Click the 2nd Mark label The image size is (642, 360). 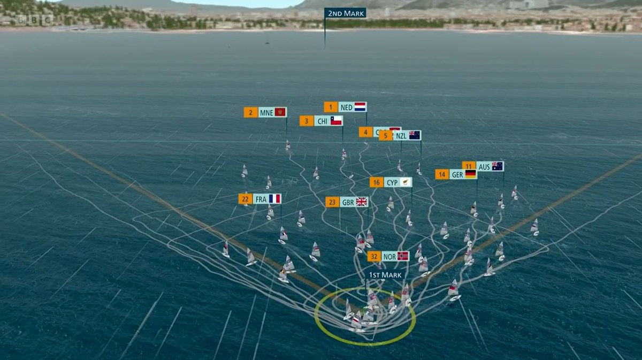(x=345, y=13)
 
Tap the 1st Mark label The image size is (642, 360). (x=385, y=275)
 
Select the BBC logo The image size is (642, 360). (x=34, y=20)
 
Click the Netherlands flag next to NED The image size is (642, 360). (x=360, y=107)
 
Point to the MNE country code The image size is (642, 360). (x=266, y=112)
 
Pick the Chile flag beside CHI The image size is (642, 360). (x=336, y=121)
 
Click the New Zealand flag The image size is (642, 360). (x=415, y=135)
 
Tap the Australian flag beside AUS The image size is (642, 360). (x=498, y=166)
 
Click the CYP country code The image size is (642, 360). (x=392, y=182)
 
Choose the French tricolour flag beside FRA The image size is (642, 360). (x=275, y=199)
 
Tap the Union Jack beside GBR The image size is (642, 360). (x=362, y=202)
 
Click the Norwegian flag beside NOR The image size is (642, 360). (x=403, y=256)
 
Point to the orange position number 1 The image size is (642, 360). (x=331, y=107)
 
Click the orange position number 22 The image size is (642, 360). (x=245, y=199)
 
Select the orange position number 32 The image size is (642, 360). (x=374, y=256)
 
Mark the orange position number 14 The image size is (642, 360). (x=442, y=174)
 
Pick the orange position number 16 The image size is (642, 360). (x=377, y=182)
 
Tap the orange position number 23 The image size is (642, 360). (x=332, y=202)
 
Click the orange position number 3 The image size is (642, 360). (x=307, y=121)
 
